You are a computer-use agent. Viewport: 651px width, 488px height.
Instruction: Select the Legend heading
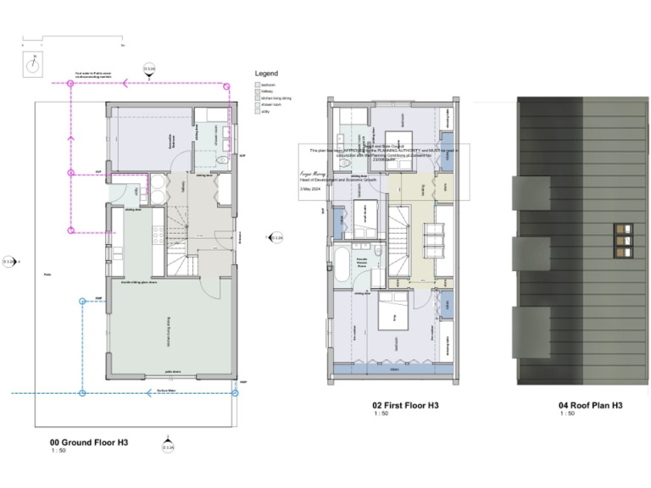(x=266, y=74)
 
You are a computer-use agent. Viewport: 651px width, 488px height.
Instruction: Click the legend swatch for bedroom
(x=258, y=86)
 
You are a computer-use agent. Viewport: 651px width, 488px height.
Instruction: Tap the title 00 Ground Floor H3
(x=89, y=442)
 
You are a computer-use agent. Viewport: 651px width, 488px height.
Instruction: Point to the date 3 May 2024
(x=311, y=191)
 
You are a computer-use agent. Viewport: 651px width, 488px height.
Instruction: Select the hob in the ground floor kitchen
(x=159, y=232)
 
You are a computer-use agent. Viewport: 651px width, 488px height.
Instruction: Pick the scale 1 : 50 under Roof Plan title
(x=566, y=414)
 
